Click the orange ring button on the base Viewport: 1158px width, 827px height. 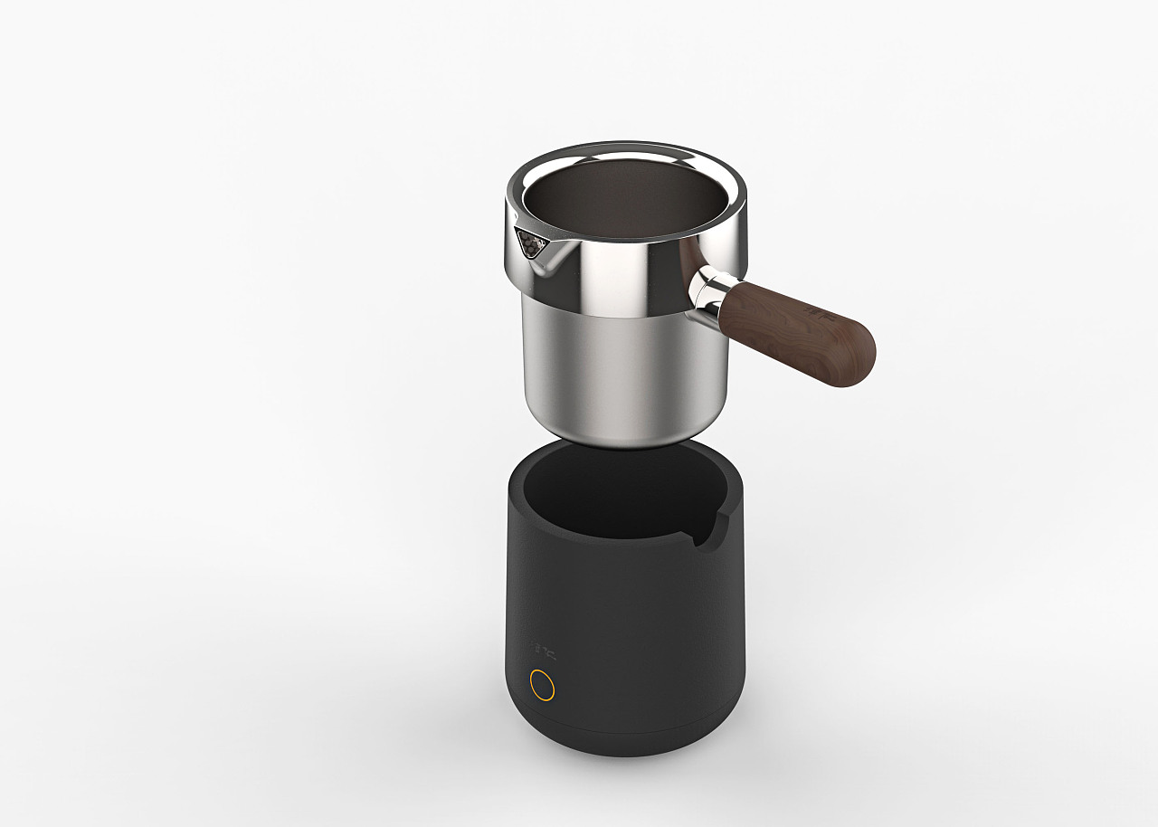(x=542, y=684)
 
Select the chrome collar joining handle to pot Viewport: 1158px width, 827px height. (x=708, y=291)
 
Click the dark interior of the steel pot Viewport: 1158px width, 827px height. (x=624, y=199)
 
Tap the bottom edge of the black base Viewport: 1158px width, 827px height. (x=624, y=751)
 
